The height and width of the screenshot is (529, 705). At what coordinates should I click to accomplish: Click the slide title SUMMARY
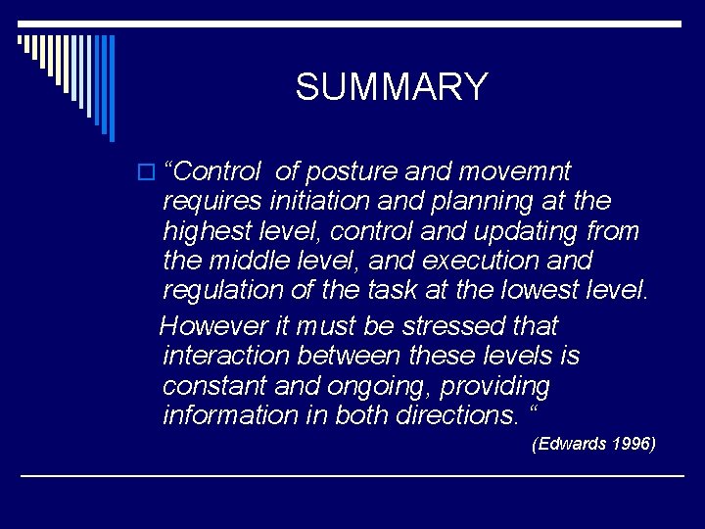point(391,87)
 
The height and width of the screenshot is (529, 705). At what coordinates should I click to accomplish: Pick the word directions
point(457,415)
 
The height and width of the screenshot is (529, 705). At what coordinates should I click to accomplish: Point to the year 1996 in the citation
point(630,445)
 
